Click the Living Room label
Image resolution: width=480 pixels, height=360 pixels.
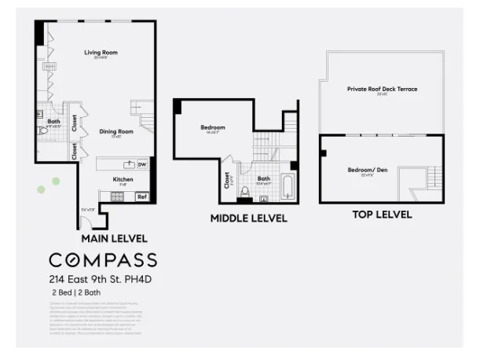[100, 53]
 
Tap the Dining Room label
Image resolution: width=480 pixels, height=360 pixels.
[116, 131]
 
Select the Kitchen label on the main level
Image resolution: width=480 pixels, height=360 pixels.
[123, 179]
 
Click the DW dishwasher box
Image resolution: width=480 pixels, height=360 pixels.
[142, 164]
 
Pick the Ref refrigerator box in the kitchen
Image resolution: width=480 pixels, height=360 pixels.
[141, 197]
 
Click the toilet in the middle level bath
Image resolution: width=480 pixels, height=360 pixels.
[245, 192]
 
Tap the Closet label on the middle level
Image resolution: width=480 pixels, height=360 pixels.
[227, 182]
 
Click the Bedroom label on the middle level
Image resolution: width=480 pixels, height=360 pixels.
[212, 127]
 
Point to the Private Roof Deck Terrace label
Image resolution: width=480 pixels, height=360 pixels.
[382, 89]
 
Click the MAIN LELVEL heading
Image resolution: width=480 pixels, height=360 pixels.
[114, 237]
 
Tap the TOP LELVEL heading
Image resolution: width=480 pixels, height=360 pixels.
[380, 215]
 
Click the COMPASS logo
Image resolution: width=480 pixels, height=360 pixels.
[102, 260]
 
